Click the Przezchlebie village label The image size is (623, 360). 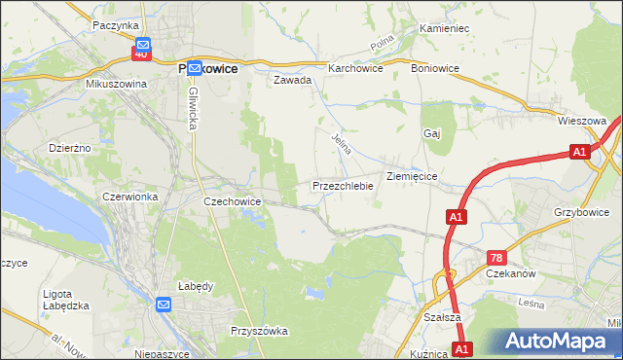343,186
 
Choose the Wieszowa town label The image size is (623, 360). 582,121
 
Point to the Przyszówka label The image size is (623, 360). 259,331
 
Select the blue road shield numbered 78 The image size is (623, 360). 496,257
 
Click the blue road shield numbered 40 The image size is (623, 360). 142,54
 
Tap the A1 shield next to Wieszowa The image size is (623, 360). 579,152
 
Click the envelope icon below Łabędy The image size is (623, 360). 163,306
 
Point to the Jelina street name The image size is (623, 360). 341,145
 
